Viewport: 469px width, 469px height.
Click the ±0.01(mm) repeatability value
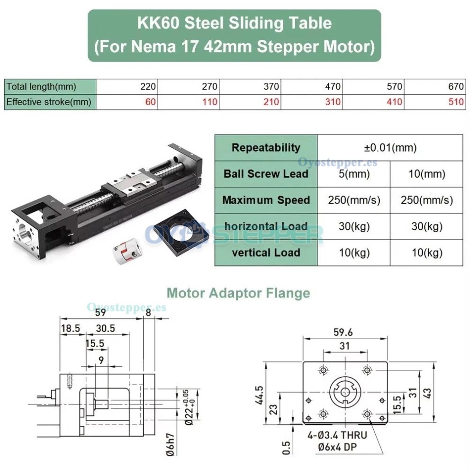390,148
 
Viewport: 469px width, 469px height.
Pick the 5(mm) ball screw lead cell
354,174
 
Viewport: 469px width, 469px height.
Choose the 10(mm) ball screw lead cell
426,174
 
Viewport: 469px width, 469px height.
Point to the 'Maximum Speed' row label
266,200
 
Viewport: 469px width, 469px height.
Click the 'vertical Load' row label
266,253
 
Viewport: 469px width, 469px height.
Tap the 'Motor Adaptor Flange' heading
238,293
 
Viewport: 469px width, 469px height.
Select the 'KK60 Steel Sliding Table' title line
234,23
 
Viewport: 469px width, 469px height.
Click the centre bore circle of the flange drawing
345,393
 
